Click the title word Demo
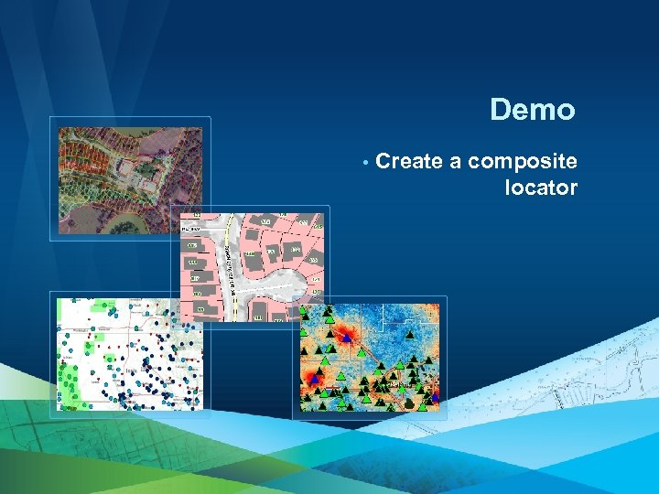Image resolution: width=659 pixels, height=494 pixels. tap(532, 111)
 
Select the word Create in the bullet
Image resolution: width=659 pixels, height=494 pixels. tap(409, 162)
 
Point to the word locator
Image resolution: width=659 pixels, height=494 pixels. tap(541, 188)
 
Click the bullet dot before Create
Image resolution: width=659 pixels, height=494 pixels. tap(365, 164)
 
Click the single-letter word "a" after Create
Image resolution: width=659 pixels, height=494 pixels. tap(455, 163)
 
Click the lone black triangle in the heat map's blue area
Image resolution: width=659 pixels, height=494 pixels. tap(411, 333)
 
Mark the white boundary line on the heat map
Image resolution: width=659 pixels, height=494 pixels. tap(366, 352)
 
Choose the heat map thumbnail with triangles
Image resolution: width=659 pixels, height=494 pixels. tap(370, 358)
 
